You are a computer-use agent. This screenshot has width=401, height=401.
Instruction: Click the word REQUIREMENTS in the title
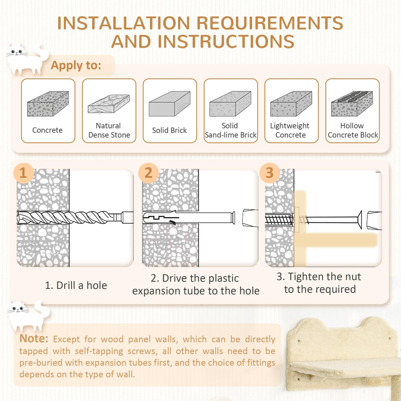point(270,23)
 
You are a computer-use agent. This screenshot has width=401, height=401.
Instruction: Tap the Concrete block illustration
point(48,103)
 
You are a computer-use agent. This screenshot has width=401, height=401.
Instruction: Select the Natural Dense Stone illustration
point(109,104)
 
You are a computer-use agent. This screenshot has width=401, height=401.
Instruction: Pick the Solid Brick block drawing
point(169,103)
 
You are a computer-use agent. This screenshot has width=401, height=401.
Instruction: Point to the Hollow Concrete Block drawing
point(352,103)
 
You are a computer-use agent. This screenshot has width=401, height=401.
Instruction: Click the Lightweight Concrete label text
point(290,130)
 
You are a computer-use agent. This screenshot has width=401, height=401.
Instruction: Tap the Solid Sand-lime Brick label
point(231,130)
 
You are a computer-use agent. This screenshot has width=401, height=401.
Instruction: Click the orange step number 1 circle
point(23,173)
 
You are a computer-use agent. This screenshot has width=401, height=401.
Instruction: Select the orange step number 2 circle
point(149,173)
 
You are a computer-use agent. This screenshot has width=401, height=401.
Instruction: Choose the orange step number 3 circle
point(270,173)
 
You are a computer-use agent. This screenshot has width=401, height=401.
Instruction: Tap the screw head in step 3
point(360,220)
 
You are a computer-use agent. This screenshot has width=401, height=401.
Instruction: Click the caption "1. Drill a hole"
point(76,285)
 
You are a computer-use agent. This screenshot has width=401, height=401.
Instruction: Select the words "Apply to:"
point(76,65)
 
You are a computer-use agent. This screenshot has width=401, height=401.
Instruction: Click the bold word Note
point(34,339)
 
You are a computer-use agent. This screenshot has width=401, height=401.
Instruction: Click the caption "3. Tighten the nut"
point(319,277)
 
